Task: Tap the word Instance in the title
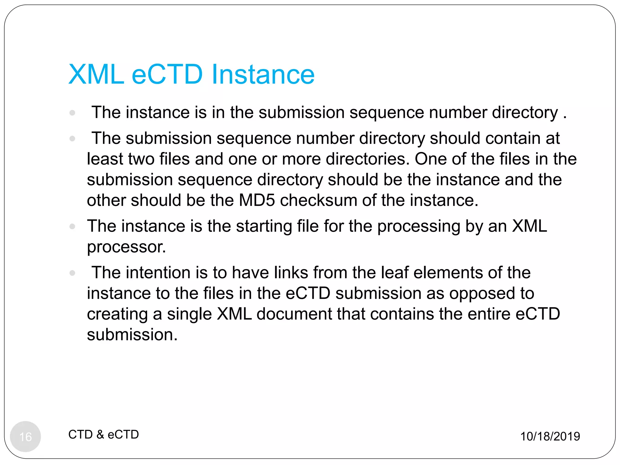[x=263, y=74]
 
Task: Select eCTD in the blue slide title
[x=167, y=74]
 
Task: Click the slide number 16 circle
[x=25, y=436]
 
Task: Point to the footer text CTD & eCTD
[x=104, y=434]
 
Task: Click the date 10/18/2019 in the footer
[x=550, y=436]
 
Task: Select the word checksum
[x=318, y=200]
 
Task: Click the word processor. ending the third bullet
[x=127, y=247]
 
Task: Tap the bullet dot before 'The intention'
[x=72, y=273]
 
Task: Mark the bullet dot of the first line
[x=72, y=113]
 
